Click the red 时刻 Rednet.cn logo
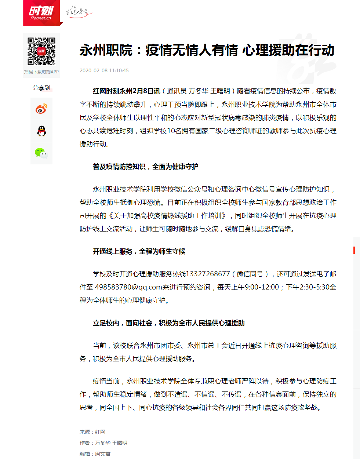coord(41,13)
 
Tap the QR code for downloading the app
coord(41,51)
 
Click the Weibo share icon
coord(41,109)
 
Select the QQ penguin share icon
coord(41,131)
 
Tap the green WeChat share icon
coord(41,153)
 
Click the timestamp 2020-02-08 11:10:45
coord(104,70)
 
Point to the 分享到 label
coord(41,88)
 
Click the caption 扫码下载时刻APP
coord(41,72)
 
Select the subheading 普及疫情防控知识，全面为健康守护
coord(145,167)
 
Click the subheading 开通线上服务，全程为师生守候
coord(139,251)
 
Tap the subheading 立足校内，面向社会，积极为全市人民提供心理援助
coord(168,323)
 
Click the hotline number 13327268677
coord(208,274)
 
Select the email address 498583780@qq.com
coord(128,287)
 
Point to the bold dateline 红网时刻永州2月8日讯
coord(126,91)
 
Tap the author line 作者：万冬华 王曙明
coord(103,443)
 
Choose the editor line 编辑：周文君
coord(95,454)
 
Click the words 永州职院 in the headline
coord(106,50)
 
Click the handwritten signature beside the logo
coord(77,12)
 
